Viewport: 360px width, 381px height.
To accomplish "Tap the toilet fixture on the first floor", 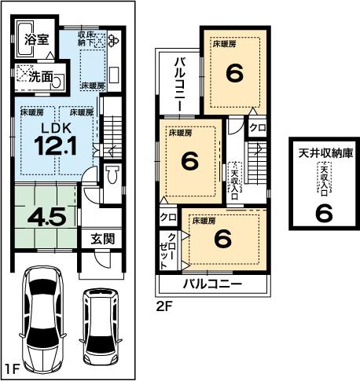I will coord(112,174).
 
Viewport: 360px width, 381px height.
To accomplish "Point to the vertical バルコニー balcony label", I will coord(179,82).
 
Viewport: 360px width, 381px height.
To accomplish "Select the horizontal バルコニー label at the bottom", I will coord(212,284).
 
